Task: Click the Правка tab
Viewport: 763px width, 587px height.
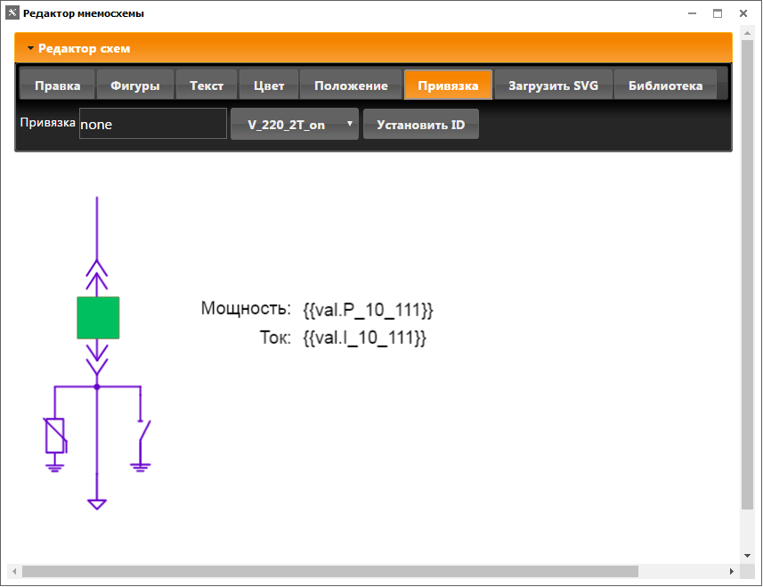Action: coord(58,86)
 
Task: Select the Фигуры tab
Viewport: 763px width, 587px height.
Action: coord(135,86)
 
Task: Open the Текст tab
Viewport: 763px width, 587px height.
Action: coord(207,86)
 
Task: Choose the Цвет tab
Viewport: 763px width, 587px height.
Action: coord(269,86)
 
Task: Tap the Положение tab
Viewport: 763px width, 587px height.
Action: coord(351,86)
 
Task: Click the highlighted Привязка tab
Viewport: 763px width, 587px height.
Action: coord(448,86)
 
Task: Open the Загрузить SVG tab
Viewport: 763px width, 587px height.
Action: coord(553,86)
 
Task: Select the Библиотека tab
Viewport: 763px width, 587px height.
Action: coord(665,86)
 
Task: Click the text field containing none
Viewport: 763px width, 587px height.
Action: coord(152,125)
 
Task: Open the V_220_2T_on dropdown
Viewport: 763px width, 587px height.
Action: coord(294,125)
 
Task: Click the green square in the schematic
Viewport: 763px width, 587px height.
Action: coord(98,318)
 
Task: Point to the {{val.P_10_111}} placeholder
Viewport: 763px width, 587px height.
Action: coord(368,310)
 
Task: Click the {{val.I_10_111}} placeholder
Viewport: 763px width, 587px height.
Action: coord(364,338)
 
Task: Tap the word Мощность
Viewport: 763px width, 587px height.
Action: coord(246,309)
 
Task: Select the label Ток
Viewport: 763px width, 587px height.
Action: coord(275,338)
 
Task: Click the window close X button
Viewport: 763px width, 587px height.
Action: coord(742,13)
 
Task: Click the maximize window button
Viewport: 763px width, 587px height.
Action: coord(717,13)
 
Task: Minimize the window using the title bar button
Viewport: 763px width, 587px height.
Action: coord(692,13)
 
